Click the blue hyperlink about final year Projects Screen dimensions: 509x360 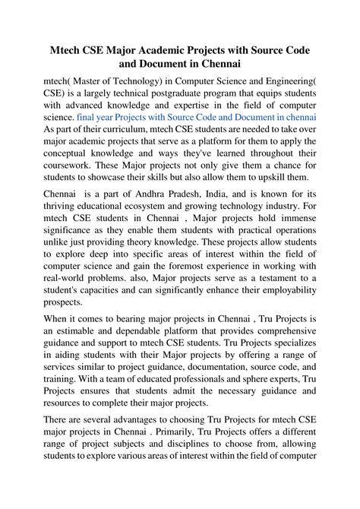tap(197, 119)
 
